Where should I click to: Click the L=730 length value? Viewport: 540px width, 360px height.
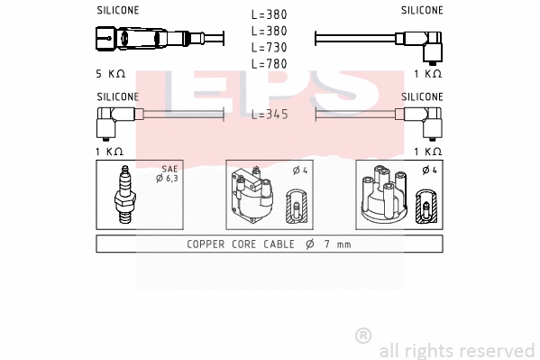coord(269,47)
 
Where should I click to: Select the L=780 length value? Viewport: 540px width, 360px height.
coord(269,63)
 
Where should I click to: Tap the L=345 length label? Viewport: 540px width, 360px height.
coord(269,115)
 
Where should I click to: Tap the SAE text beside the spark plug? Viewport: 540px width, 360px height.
coord(169,170)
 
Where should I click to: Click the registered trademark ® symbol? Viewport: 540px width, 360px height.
coord(362,335)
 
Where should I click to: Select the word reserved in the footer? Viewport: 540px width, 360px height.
coord(500,350)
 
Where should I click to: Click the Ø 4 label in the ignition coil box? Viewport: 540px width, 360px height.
coord(298,170)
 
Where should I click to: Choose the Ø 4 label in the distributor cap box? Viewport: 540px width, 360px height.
coord(429,170)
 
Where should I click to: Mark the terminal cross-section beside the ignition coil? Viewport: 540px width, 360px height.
coord(296,208)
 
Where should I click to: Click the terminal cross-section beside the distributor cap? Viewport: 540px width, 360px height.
coord(425,208)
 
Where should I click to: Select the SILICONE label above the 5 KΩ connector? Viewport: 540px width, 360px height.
coord(117,11)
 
